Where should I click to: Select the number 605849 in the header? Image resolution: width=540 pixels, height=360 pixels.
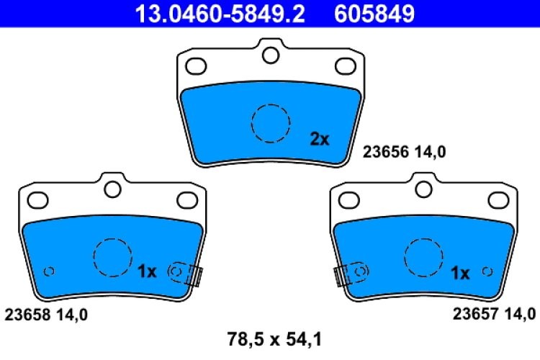373,13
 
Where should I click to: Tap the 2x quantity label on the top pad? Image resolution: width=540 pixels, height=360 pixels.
320,139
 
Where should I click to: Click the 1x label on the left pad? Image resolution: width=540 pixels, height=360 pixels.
147,271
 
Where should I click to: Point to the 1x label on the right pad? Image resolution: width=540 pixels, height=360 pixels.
459,273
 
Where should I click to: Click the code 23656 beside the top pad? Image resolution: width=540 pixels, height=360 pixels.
387,151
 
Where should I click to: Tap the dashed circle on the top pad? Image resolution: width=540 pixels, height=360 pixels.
271,123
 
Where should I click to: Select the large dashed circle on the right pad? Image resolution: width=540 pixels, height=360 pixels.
423,257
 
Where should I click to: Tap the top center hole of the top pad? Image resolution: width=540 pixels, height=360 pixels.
270,54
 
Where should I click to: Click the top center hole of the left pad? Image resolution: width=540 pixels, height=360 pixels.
112,188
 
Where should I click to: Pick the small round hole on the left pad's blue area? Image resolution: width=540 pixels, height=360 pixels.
49,271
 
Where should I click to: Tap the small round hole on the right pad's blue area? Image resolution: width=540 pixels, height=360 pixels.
487,271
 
